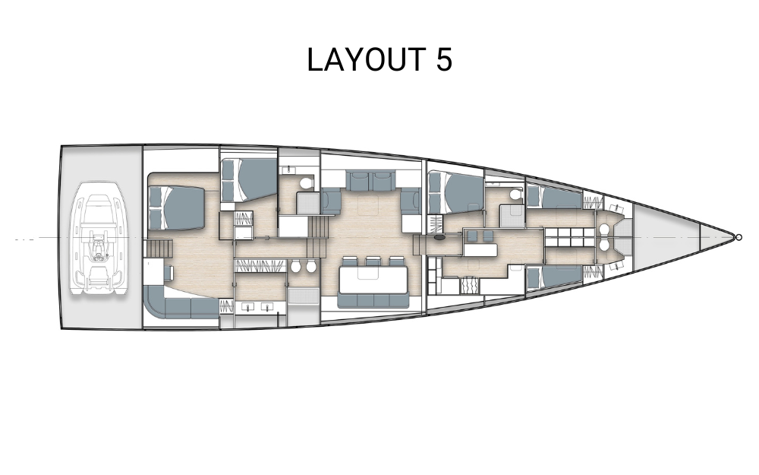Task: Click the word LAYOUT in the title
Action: coord(367,59)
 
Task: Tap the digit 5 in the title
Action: coord(444,59)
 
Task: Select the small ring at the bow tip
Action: coord(739,237)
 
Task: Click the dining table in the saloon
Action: coord(373,280)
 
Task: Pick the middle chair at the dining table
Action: coord(373,261)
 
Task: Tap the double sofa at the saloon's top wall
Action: coord(370,181)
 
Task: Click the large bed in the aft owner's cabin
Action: coord(177,208)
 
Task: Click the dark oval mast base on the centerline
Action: coord(439,238)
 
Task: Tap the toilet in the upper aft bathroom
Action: coord(305,183)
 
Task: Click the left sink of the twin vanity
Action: coord(249,307)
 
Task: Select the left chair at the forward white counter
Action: coord(473,236)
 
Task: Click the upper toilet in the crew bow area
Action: coord(603,230)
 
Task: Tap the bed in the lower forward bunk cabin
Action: coord(555,277)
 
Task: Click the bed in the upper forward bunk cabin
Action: coord(555,198)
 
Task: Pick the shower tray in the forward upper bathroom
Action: coord(511,216)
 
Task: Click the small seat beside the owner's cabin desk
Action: coord(168,273)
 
